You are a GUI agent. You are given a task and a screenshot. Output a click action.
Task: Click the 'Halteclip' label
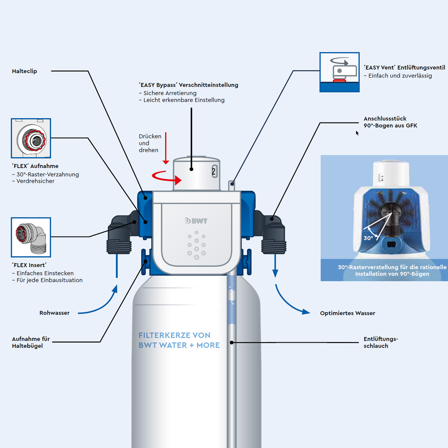tap(24, 71)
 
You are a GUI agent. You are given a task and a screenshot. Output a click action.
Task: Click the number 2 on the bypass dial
tap(214, 171)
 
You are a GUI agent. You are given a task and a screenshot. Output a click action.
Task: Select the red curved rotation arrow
tap(167, 177)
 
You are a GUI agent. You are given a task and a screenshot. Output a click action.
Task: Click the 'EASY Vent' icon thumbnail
tap(339, 72)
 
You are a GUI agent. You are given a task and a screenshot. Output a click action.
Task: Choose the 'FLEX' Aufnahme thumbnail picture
tap(31, 138)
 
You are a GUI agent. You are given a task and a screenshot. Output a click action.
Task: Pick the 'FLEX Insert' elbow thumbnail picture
tap(31, 237)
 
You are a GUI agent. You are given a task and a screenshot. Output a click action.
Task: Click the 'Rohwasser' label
tap(54, 313)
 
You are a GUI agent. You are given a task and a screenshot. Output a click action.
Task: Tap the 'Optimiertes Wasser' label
tap(347, 313)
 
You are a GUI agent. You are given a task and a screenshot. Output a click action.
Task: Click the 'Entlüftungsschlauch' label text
tap(380, 342)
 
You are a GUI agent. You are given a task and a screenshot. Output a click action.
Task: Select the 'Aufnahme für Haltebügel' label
tap(31, 342)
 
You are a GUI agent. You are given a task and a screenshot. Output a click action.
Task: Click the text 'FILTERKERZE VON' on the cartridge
tap(174, 335)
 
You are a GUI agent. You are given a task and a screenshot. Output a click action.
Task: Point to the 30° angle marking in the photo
tap(368, 238)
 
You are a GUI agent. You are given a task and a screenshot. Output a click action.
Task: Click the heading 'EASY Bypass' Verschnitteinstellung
tap(188, 85)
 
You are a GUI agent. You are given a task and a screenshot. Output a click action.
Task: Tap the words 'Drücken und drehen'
tap(150, 143)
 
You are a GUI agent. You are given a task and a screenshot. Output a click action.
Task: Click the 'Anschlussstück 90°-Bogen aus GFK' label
tap(390, 122)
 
